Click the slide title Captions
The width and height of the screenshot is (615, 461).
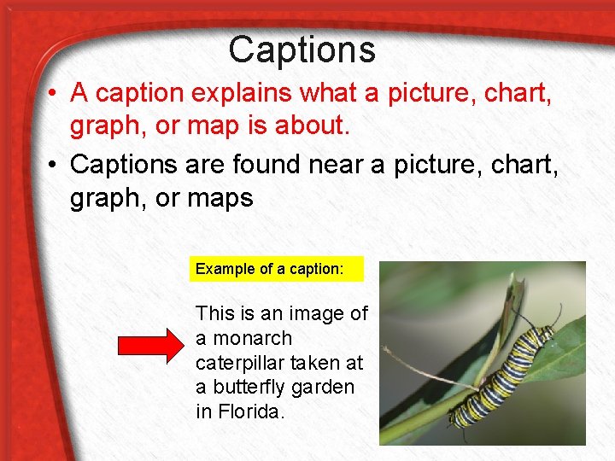click(302, 50)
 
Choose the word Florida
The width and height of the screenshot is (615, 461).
click(251, 411)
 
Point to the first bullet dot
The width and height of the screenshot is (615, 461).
click(52, 92)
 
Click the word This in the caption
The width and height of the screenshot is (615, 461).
click(213, 313)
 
